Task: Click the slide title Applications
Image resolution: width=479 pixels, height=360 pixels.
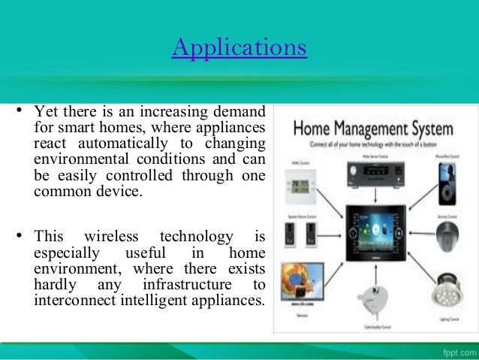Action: [x=239, y=47]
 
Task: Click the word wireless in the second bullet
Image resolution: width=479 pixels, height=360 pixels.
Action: [x=112, y=237]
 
